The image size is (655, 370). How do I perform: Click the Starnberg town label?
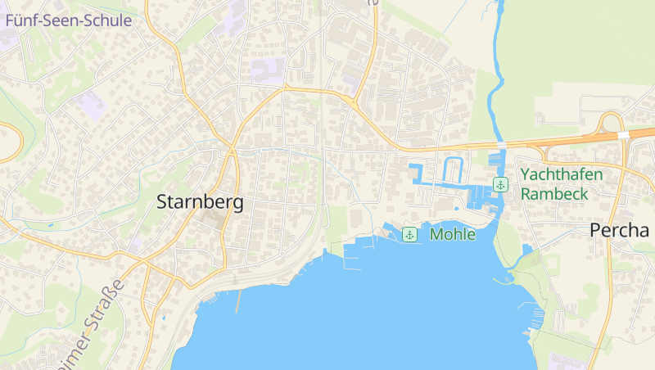point(200,203)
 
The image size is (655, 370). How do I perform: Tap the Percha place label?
point(619,231)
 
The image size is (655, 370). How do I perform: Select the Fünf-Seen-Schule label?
point(68,20)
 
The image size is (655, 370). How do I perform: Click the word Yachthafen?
point(562,174)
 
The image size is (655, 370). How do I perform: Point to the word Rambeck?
point(555,194)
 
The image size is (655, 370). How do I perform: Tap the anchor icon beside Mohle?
point(409,235)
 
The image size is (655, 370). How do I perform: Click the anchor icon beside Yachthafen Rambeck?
point(500,185)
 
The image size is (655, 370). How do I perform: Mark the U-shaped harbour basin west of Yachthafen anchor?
point(453,170)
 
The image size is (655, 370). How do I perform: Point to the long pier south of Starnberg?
point(237,301)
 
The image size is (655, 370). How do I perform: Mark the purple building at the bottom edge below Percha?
point(565,363)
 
